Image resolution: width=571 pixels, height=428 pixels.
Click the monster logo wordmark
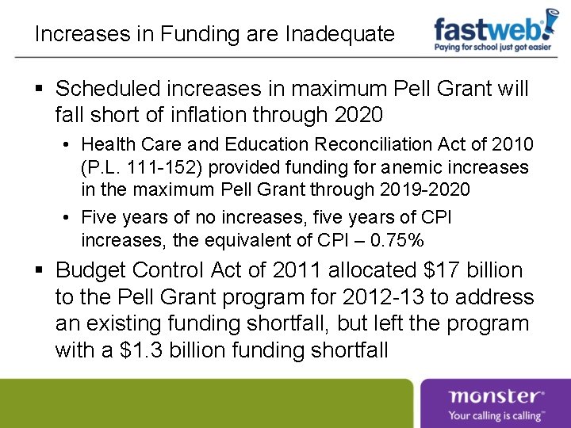coord(496,396)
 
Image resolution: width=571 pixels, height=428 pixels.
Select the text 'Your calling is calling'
coord(496,415)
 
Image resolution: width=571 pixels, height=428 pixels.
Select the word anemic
coord(407,168)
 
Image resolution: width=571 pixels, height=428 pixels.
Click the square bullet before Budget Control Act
coord(40,271)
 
